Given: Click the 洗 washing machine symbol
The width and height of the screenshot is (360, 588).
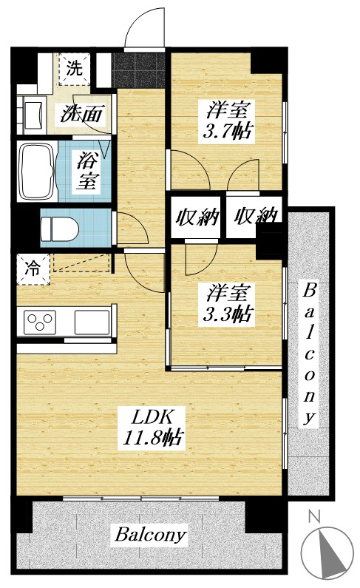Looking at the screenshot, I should (74, 70).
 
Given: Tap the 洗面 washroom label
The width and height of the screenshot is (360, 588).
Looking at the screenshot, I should (81, 115).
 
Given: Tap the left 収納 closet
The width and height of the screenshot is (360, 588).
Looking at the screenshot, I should (197, 217).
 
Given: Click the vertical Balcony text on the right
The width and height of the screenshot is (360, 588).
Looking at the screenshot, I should (311, 352).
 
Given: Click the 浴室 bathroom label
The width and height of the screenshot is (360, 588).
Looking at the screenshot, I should (89, 170).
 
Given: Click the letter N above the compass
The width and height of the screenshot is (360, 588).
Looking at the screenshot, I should (313, 517).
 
